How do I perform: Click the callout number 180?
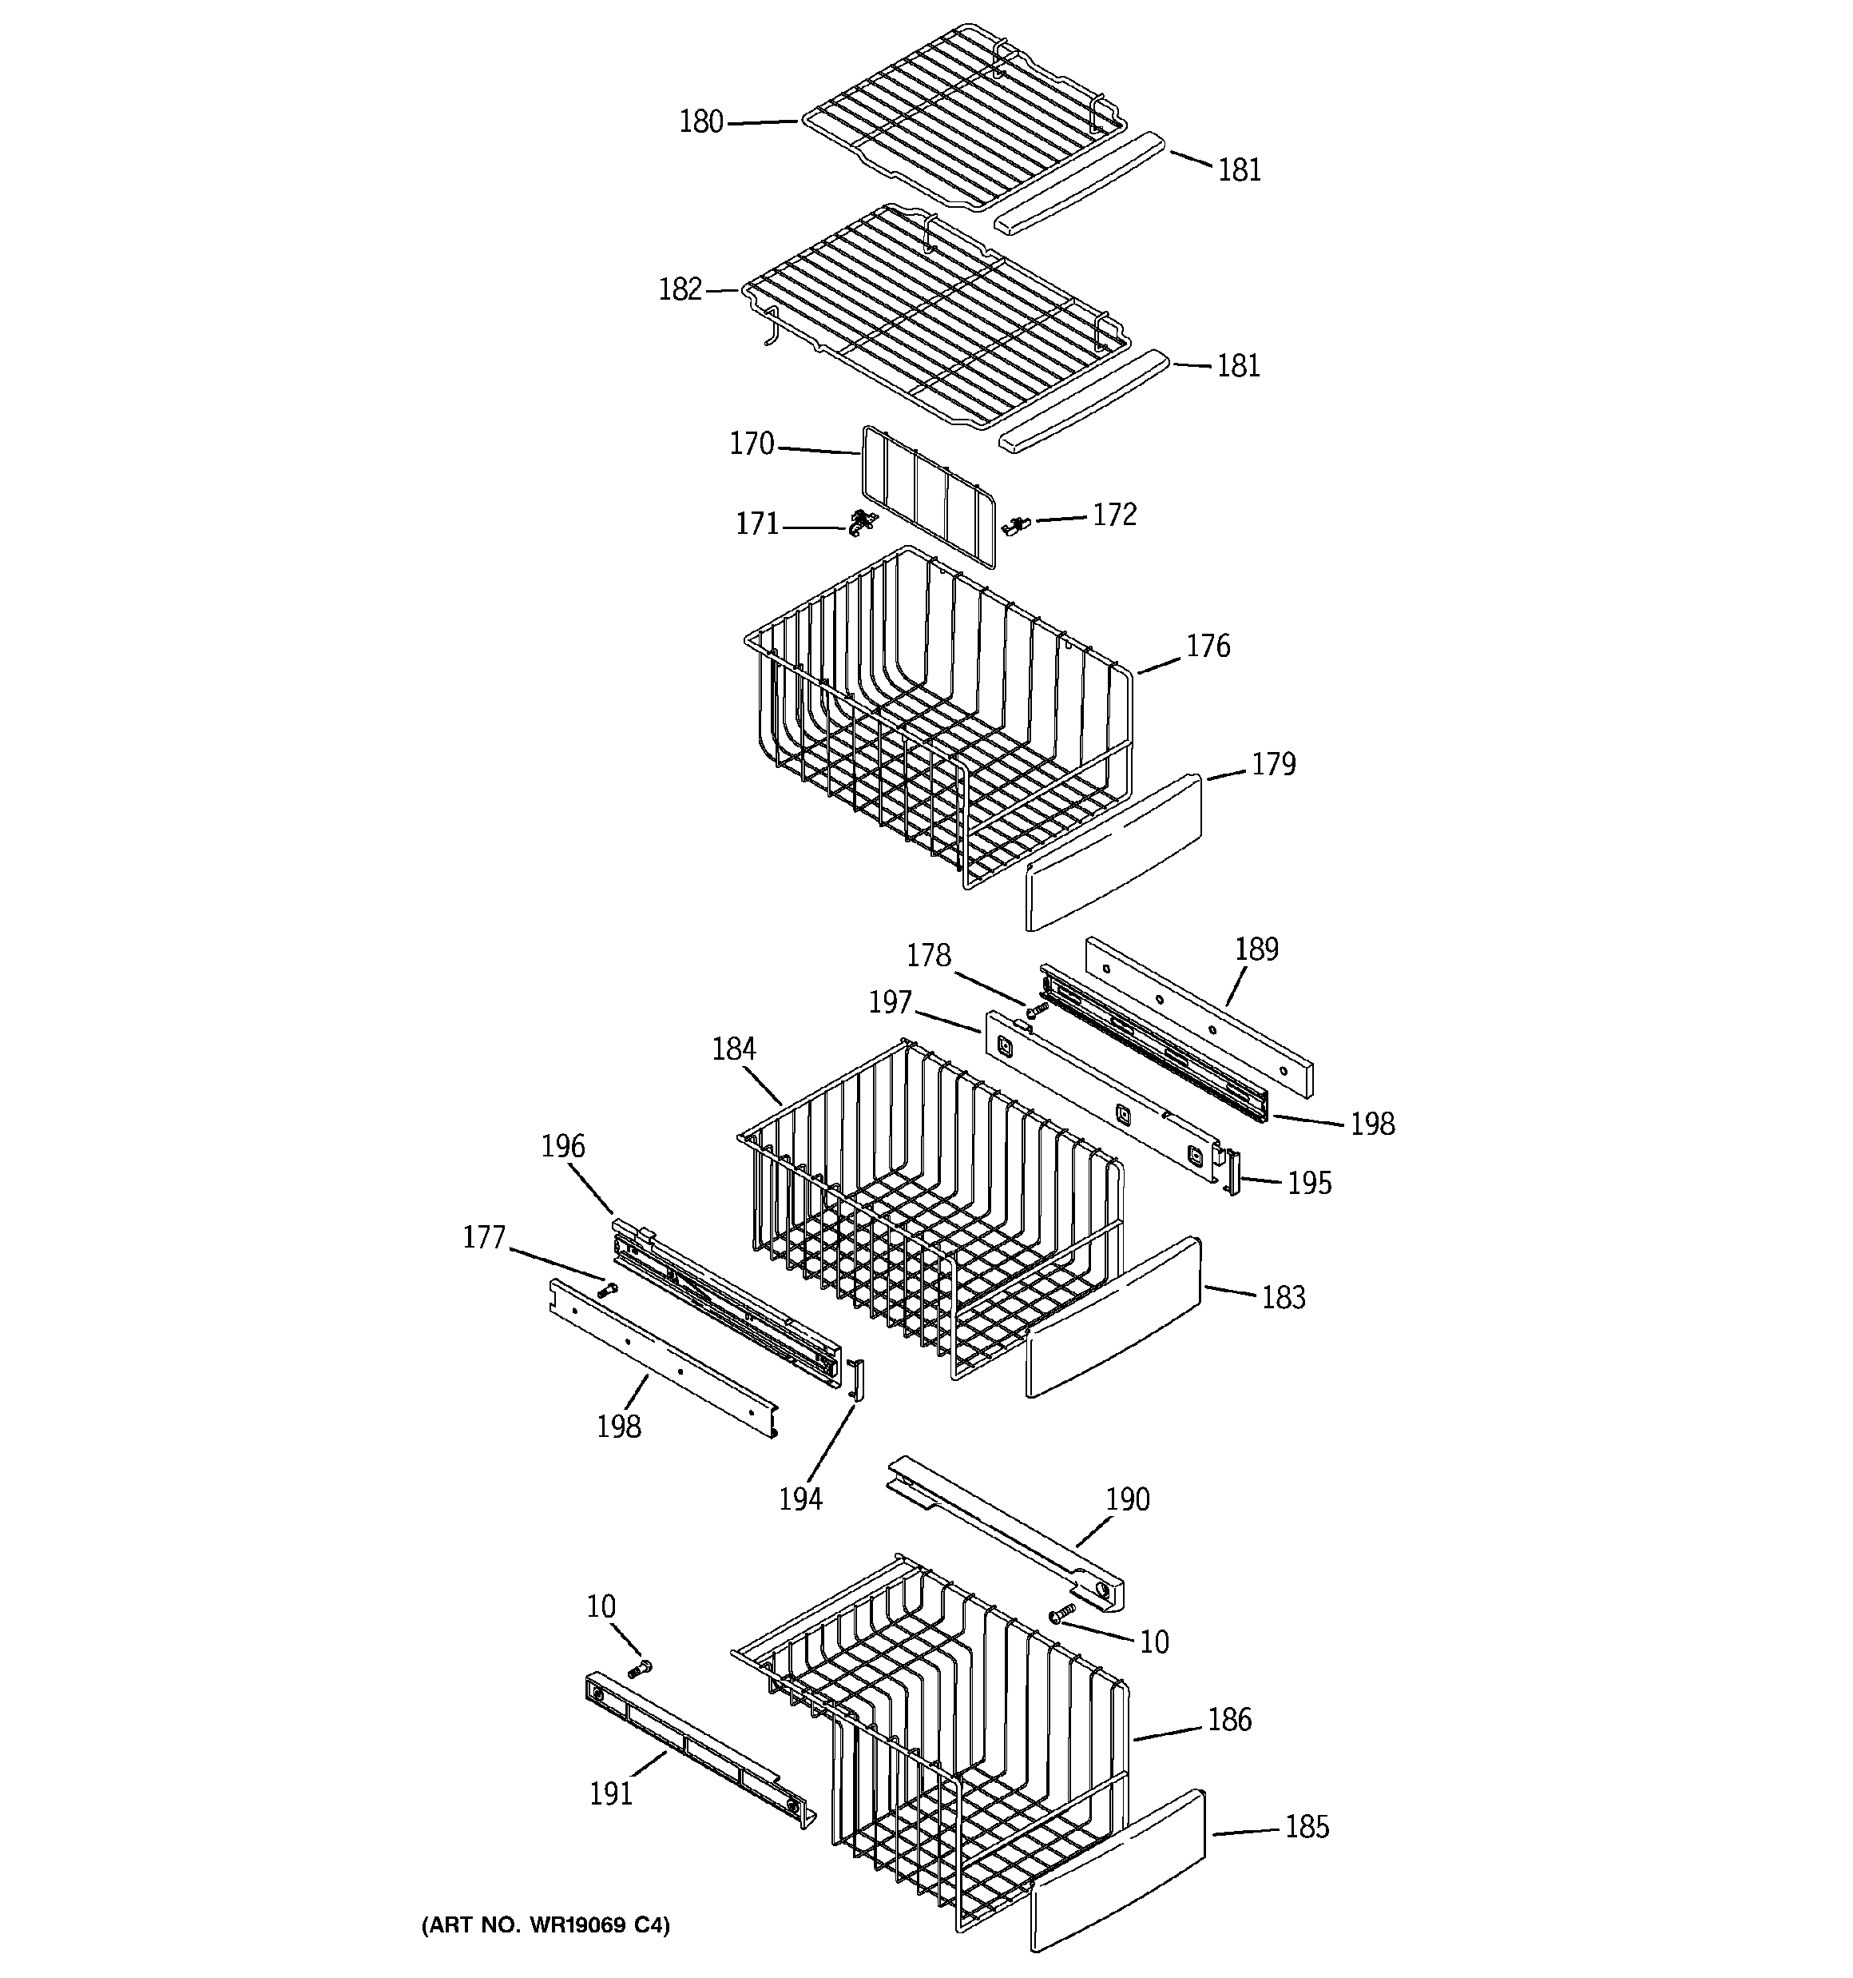click(700, 122)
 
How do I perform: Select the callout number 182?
click(680, 289)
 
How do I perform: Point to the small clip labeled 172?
click(1017, 523)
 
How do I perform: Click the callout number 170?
click(751, 444)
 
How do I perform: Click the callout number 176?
click(1208, 647)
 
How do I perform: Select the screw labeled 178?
click(1037, 1011)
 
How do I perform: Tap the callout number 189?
click(1256, 949)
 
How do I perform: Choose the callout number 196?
click(563, 1146)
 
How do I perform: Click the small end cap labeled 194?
click(857, 1379)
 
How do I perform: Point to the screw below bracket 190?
click(1063, 1613)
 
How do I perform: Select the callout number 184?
click(734, 1049)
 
